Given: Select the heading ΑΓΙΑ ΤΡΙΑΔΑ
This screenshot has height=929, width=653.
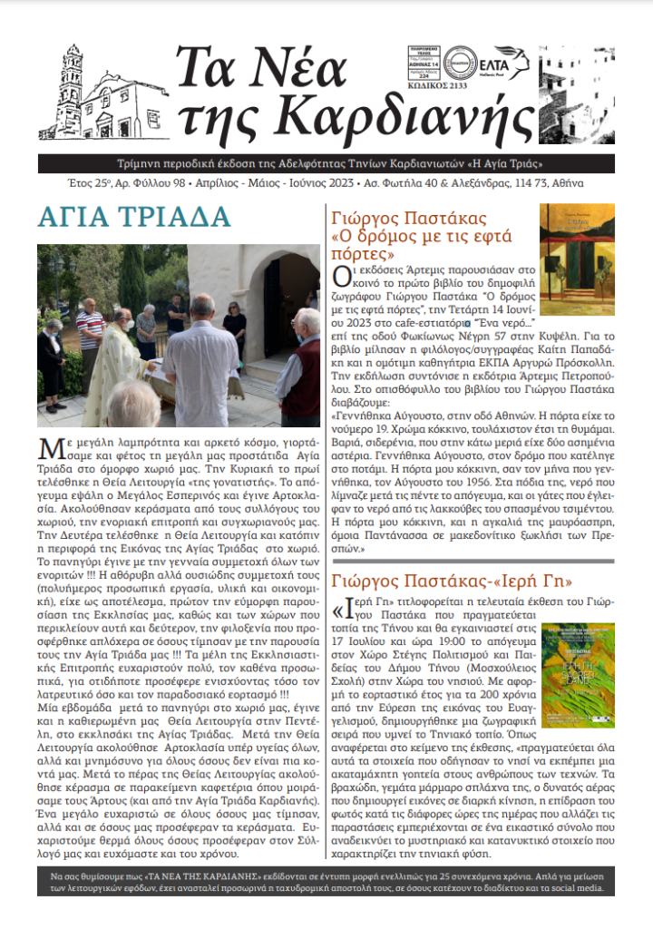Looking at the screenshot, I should click(x=134, y=219).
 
